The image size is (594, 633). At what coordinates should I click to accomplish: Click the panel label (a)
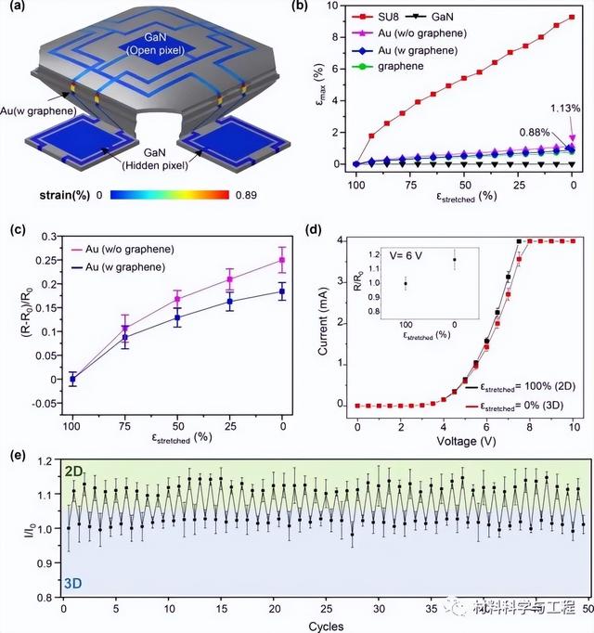tap(19, 10)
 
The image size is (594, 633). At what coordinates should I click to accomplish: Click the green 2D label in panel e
tap(73, 472)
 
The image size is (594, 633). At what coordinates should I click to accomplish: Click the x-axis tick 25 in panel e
tap(327, 610)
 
